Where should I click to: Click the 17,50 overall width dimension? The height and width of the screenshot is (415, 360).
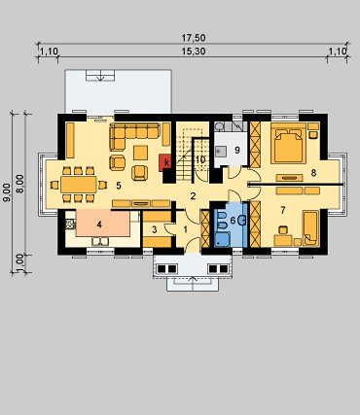194,38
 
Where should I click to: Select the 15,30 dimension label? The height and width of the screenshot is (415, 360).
194,52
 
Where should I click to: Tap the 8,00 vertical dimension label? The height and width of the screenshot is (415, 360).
20,184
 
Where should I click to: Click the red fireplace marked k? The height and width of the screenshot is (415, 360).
166,162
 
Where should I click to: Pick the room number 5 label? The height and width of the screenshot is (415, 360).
119,186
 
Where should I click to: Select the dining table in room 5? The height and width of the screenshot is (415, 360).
79,185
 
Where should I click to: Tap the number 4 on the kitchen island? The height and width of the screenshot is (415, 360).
99,225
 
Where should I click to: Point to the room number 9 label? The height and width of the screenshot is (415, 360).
237,151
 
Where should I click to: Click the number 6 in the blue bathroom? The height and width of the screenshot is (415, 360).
233,221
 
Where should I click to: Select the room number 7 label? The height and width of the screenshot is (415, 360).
283,211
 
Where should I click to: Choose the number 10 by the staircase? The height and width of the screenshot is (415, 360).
200,159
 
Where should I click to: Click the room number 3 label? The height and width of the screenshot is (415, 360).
155,230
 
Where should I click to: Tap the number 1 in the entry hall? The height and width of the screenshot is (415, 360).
186,229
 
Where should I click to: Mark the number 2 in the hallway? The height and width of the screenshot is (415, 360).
193,196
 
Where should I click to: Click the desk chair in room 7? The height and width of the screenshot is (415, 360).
283,230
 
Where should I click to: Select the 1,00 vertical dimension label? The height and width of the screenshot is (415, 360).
20,260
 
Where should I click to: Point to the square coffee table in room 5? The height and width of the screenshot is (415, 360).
140,153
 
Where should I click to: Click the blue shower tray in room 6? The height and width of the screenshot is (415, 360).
222,239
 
